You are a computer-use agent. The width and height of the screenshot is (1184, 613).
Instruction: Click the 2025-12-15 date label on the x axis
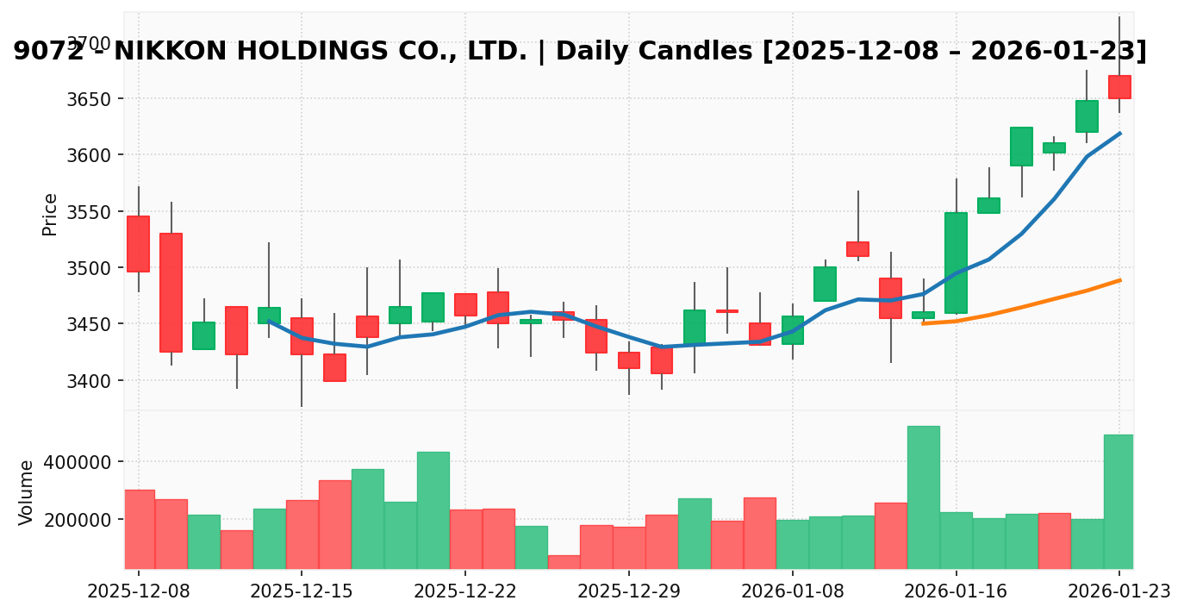301,591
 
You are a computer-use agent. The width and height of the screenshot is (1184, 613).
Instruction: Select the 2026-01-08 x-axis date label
792,591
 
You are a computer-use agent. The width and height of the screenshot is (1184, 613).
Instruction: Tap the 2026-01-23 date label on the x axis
1119,591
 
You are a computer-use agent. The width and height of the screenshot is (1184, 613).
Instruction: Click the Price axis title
50,214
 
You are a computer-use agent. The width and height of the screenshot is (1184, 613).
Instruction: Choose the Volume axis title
27,491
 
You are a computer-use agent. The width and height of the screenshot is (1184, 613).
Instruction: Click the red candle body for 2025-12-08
138,244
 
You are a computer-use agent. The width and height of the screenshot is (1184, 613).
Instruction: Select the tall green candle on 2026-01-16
956,263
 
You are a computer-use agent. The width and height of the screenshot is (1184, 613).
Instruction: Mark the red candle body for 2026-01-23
1119,87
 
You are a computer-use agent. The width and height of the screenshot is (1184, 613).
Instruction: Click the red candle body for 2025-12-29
629,360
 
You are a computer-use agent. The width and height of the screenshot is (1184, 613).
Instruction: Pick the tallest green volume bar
923,497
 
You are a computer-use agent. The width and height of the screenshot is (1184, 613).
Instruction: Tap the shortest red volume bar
564,562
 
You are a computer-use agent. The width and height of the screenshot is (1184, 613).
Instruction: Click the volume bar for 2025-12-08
139,529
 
